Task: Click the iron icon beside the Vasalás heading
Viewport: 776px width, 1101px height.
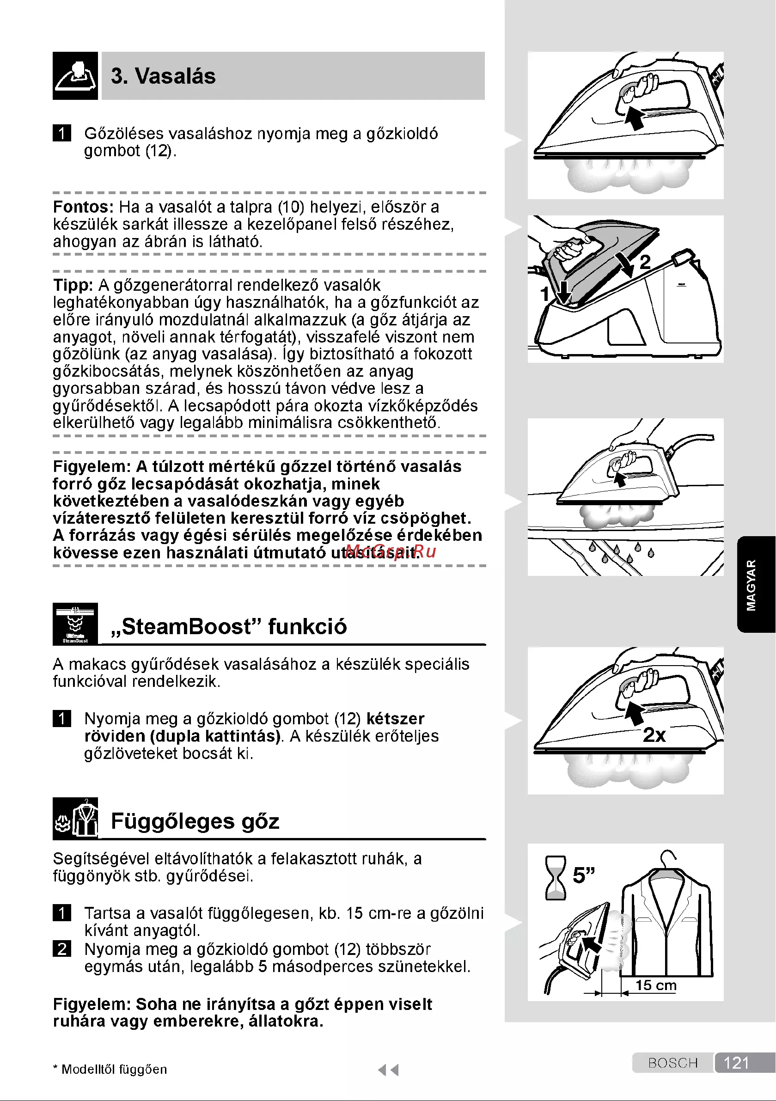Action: point(75,76)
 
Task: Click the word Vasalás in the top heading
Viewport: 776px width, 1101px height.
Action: point(175,76)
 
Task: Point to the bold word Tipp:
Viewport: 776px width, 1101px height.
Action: point(73,285)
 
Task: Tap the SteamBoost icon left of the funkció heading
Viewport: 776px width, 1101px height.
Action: point(75,624)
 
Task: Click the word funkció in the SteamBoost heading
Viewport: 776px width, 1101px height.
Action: point(307,626)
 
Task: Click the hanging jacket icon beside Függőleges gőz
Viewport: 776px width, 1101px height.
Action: point(75,818)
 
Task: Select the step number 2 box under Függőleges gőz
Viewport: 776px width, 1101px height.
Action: point(62,948)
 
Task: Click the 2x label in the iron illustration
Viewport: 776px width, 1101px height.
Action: point(654,734)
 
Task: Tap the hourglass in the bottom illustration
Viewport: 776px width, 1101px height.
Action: point(556,878)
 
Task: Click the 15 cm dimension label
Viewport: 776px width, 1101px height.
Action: point(656,985)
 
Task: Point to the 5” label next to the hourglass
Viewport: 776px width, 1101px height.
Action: point(584,875)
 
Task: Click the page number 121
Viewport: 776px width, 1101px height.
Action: point(736,1063)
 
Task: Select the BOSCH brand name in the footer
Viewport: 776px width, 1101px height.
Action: point(672,1063)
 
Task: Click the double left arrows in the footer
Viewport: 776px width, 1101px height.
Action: point(388,1070)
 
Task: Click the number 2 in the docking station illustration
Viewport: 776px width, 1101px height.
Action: point(645,262)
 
